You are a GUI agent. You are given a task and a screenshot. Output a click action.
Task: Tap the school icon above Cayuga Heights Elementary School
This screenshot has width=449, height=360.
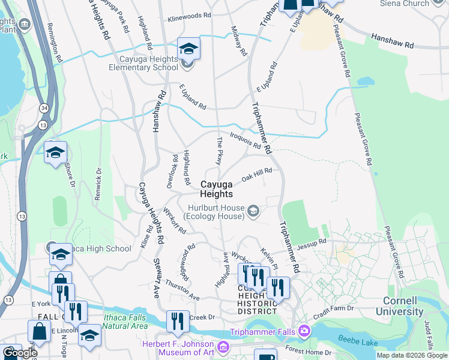pyautogui.click(x=188, y=49)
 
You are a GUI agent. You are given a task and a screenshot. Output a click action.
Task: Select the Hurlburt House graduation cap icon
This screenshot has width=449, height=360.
pyautogui.click(x=254, y=210)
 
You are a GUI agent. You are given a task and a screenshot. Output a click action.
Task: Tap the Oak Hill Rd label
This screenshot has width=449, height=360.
pyautogui.click(x=257, y=175)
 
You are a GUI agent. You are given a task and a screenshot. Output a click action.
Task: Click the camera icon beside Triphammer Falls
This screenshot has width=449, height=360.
pyautogui.click(x=304, y=331)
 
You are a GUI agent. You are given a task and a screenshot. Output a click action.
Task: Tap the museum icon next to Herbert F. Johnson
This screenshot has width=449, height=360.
pyautogui.click(x=223, y=347)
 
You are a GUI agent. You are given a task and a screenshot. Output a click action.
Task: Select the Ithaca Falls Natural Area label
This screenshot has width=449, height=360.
pyautogui.click(x=125, y=322)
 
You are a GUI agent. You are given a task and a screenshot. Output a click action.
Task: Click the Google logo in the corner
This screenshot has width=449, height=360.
pyautogui.click(x=20, y=352)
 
